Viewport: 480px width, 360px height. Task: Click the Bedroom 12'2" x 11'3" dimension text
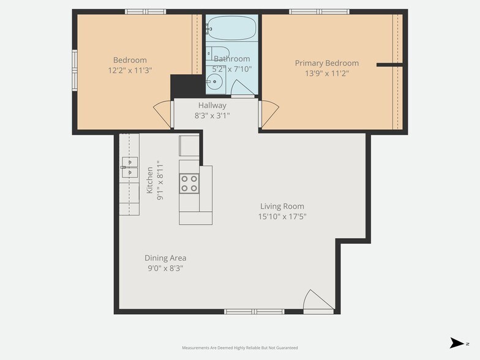[130, 70]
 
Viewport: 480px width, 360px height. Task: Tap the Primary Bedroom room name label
[326, 63]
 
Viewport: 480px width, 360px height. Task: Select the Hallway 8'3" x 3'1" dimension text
[212, 116]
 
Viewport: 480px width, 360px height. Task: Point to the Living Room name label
[282, 206]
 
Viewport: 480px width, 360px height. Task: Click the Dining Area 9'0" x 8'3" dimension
[165, 268]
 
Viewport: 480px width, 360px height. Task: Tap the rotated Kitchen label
[150, 180]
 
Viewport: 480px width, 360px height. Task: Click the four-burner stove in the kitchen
[189, 183]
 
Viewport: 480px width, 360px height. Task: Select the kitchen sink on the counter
[129, 167]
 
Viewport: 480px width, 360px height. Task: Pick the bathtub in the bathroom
[231, 28]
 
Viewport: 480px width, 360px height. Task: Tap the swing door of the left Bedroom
[162, 113]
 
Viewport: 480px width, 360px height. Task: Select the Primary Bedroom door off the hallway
[268, 114]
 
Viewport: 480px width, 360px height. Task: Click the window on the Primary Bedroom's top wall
[319, 12]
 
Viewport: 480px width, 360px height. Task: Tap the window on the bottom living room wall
[254, 312]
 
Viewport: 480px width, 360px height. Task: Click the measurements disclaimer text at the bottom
[240, 348]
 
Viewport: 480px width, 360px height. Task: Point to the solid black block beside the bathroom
[186, 85]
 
